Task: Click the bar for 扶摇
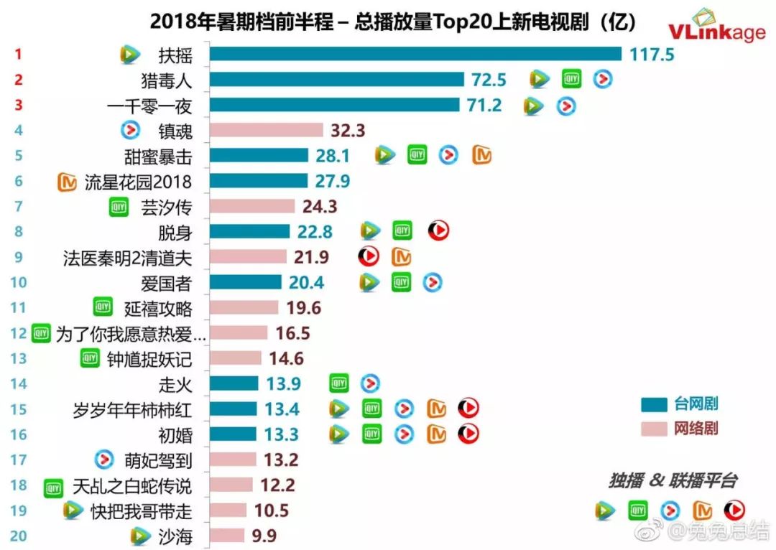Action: point(415,54)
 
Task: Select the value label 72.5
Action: point(489,79)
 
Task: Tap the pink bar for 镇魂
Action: point(267,130)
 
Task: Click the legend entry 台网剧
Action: point(695,404)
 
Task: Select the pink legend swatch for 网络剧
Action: point(653,429)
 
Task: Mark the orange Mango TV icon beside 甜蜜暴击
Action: point(481,155)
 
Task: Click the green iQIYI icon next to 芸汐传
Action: point(119,207)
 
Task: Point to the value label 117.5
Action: point(652,54)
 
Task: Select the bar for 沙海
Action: point(227,536)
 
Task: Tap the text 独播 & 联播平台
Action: point(672,481)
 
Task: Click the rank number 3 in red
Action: point(19,105)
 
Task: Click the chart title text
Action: point(393,22)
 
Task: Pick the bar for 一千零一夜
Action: point(334,105)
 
